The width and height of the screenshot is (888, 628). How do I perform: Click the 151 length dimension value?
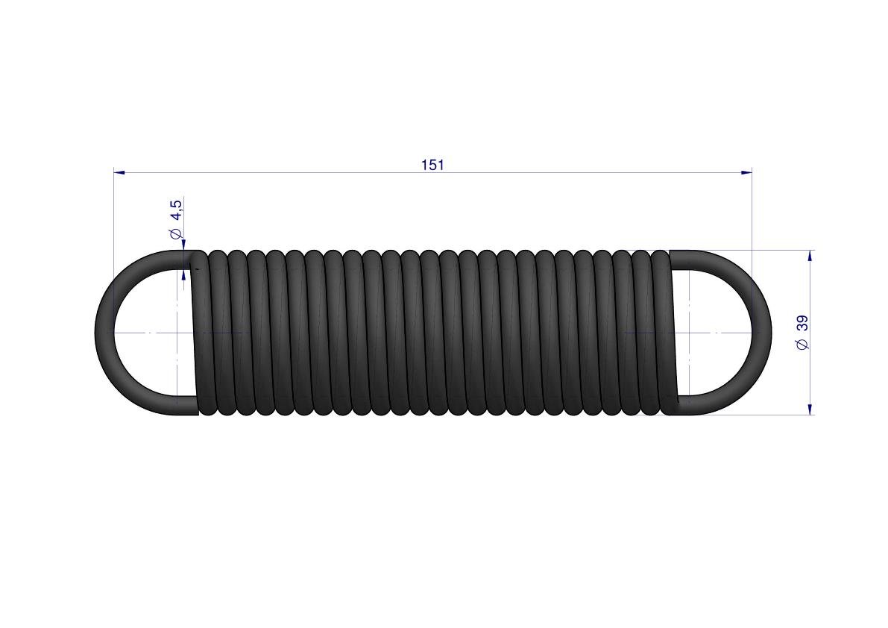(432, 165)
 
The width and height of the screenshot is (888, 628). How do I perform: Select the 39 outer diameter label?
(802, 324)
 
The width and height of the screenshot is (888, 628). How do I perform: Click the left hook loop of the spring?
(104, 333)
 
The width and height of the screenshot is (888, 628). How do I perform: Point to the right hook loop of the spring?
(762, 333)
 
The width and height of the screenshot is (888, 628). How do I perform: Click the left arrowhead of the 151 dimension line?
(119, 172)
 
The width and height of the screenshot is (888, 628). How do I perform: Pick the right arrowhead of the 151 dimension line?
(747, 172)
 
